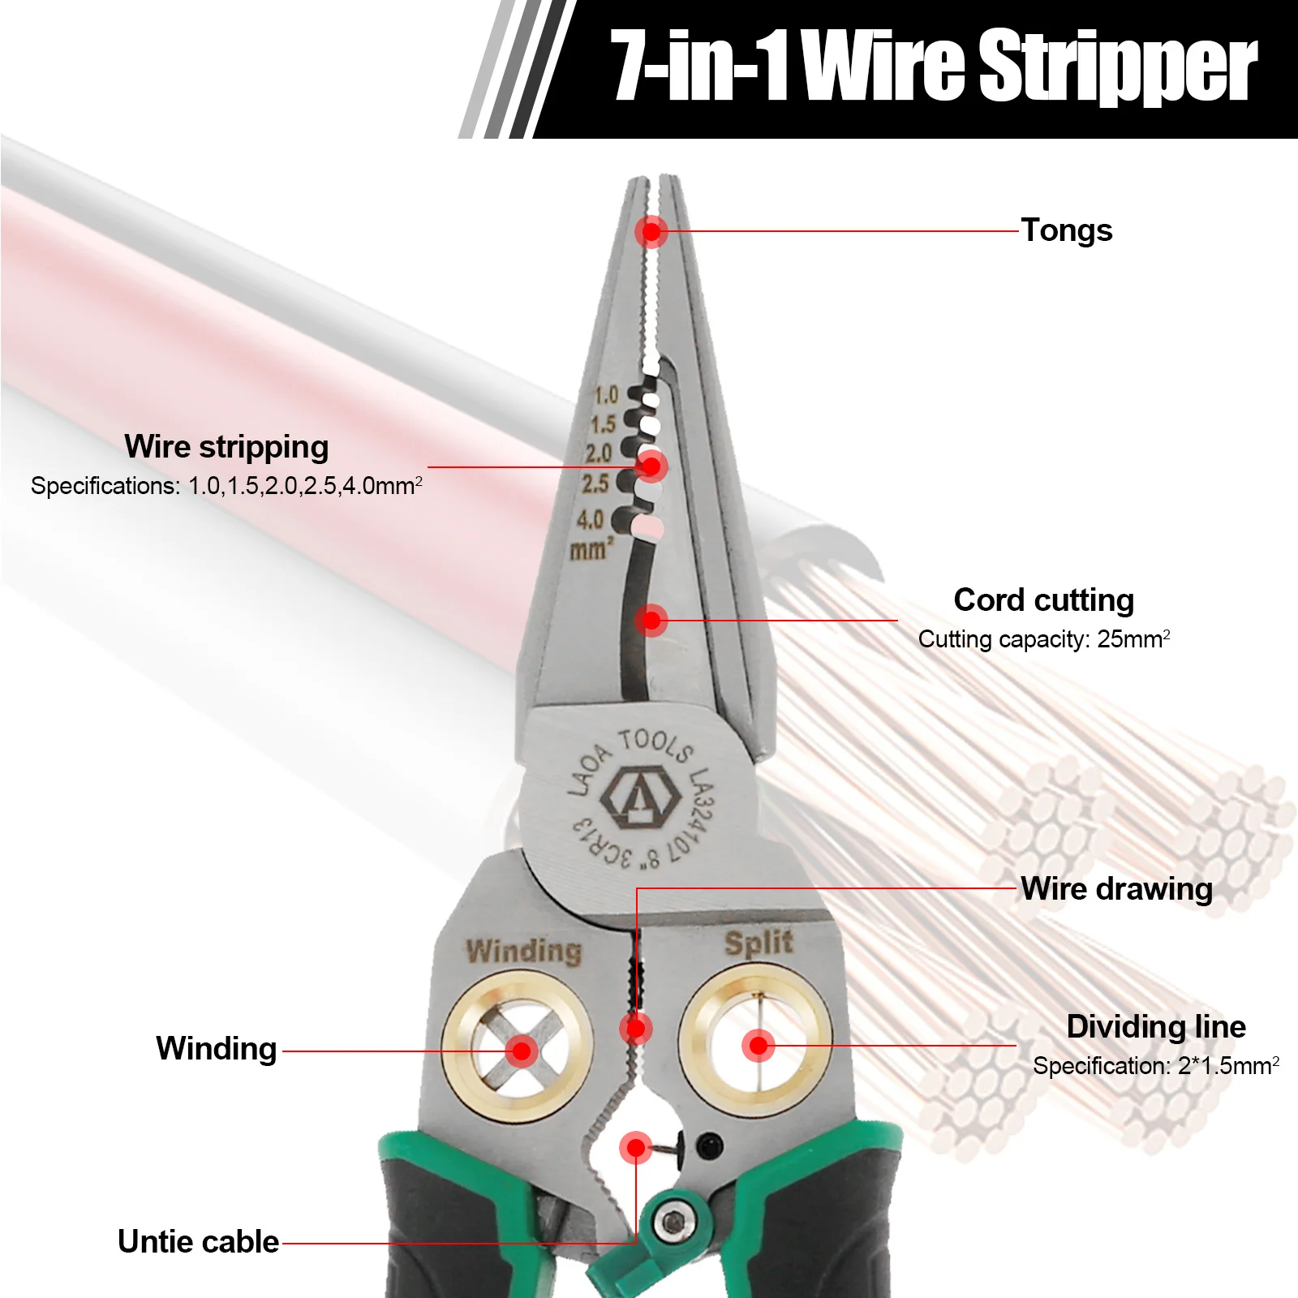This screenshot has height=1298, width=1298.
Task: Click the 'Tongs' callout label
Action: click(x=1066, y=230)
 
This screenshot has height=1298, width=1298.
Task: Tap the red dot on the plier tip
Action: click(x=651, y=232)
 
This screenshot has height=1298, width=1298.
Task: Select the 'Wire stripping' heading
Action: click(x=226, y=447)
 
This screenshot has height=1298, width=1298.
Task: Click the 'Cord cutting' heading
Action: click(x=1043, y=600)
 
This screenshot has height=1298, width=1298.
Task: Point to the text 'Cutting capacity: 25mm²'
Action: click(x=1043, y=639)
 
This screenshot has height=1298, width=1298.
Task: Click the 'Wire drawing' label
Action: click(x=1116, y=889)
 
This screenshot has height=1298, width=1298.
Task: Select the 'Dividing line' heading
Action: click(x=1156, y=1027)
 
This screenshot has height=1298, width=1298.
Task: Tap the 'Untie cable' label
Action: click(x=198, y=1242)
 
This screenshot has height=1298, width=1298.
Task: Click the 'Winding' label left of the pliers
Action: click(x=217, y=1049)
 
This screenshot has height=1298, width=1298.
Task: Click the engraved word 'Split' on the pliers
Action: click(x=759, y=943)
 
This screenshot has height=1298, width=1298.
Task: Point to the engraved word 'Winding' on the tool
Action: click(x=524, y=951)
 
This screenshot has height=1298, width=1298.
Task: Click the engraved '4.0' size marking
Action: click(x=590, y=519)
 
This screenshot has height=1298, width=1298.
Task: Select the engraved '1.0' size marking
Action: click(x=605, y=396)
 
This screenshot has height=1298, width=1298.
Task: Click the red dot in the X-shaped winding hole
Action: click(x=522, y=1051)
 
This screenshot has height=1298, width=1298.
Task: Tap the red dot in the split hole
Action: click(x=759, y=1046)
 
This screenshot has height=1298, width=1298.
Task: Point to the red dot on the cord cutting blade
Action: click(x=651, y=621)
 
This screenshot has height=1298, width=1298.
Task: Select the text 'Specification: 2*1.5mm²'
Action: click(x=1155, y=1066)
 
